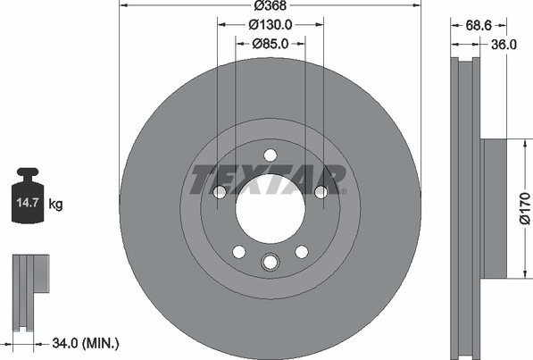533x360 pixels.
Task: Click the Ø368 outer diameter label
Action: click(271, 5)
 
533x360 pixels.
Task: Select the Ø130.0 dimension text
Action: click(271, 24)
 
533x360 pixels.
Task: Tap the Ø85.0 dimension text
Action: click(271, 44)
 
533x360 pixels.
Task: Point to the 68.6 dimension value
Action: click(479, 25)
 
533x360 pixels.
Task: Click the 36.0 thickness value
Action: click(504, 45)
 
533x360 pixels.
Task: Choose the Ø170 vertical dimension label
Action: click(525, 208)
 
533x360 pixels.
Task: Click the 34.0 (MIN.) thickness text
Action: click(86, 343)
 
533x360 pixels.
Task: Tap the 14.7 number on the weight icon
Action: click(27, 203)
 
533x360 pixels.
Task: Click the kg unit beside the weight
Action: click(55, 205)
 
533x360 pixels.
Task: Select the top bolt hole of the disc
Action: click(271, 155)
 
